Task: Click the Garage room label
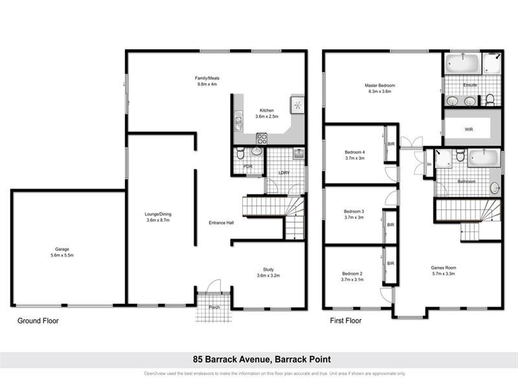(62, 249)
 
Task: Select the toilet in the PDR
(240, 153)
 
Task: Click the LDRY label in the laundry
(284, 173)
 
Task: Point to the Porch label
(214, 307)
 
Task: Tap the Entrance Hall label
(221, 223)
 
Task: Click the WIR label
(469, 129)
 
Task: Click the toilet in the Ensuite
(490, 99)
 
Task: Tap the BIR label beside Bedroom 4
(390, 144)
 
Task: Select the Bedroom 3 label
(354, 211)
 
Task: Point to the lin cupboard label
(429, 165)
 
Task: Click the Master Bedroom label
(379, 85)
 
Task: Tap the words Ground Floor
(38, 320)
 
